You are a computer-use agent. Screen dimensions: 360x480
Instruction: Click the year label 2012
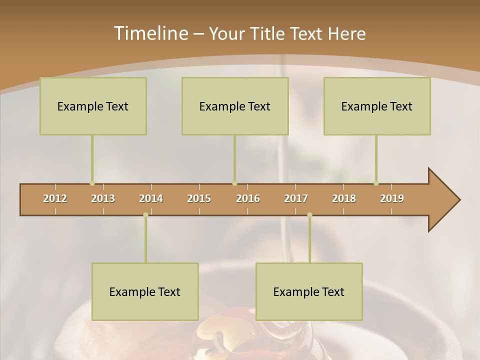(x=55, y=198)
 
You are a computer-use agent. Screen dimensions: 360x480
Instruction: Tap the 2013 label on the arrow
(x=103, y=198)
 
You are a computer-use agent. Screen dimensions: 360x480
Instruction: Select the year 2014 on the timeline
(x=151, y=198)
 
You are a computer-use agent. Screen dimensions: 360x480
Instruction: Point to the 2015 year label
(x=199, y=198)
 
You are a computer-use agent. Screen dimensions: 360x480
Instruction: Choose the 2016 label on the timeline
(x=248, y=198)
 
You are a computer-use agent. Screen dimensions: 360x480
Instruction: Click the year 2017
(x=296, y=198)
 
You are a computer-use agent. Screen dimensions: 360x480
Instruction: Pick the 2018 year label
(x=344, y=198)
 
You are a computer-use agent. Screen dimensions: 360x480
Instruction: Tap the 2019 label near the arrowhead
(x=392, y=198)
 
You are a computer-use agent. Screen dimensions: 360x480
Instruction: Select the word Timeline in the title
(x=150, y=33)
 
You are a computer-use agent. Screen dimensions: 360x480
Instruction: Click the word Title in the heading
(x=268, y=33)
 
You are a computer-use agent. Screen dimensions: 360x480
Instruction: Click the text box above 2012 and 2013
(x=93, y=106)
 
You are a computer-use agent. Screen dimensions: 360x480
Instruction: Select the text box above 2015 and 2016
(x=235, y=106)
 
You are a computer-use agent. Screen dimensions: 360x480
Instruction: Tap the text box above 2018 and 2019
(x=377, y=106)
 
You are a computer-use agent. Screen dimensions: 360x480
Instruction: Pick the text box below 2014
(x=145, y=291)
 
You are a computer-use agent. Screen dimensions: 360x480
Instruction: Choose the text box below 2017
(x=309, y=291)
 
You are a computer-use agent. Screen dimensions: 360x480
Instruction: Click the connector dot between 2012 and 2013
(x=92, y=183)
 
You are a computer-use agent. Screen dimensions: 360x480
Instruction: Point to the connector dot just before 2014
(x=145, y=215)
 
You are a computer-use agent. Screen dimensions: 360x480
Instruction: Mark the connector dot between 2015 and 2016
(x=234, y=183)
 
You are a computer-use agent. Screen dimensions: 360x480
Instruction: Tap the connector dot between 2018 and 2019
(x=376, y=183)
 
